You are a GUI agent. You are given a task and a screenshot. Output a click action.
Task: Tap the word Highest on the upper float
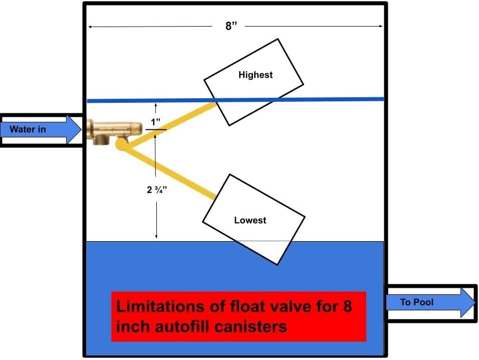click(256, 75)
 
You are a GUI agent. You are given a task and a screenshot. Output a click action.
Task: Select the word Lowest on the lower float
click(250, 220)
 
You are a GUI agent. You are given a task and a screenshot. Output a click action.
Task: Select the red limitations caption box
click(238, 316)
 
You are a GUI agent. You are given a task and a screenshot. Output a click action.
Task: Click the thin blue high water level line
click(326, 99)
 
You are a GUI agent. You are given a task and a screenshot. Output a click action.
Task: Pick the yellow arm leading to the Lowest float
click(170, 171)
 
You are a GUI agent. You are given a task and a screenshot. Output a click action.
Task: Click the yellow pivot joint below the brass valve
click(121, 144)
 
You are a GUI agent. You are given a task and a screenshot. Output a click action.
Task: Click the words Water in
click(28, 129)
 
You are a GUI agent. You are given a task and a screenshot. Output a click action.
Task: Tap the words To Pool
click(416, 302)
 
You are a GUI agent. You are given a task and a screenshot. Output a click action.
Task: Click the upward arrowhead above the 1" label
click(156, 106)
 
